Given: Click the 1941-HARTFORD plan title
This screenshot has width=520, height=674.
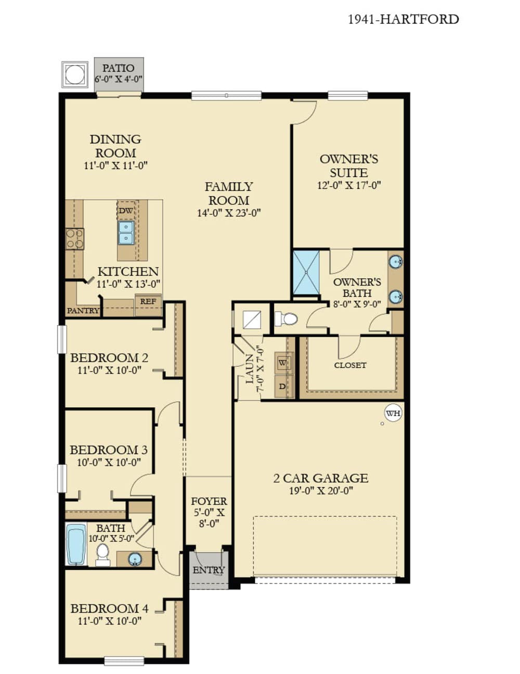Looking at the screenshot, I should click(403, 19).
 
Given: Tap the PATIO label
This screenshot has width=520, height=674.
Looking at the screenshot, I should click(118, 68).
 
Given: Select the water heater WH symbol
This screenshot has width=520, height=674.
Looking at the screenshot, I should click(393, 413).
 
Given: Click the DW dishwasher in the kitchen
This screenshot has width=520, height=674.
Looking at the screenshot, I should click(126, 211).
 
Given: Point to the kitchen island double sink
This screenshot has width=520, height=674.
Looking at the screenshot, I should click(126, 233).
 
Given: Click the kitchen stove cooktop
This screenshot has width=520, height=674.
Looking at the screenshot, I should click(75, 239).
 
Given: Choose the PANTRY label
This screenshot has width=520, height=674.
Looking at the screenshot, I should click(83, 311).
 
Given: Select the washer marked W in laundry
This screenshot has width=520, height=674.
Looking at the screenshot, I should click(283, 362).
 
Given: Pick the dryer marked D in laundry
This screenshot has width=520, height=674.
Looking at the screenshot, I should click(283, 386).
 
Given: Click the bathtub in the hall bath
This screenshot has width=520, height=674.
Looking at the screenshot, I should click(76, 544).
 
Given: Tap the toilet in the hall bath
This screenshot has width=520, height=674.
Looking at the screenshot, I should click(103, 555).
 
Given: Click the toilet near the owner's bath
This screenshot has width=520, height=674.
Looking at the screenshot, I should click(286, 318).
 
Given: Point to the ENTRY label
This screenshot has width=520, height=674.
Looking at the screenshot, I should click(209, 570).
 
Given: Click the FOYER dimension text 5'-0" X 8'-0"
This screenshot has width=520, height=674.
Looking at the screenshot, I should click(209, 518).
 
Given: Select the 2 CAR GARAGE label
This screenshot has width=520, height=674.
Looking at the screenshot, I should click(321, 478).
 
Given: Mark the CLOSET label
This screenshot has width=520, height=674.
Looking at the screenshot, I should click(350, 365).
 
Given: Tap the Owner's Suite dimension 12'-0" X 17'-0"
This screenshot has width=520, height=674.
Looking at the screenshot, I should click(349, 185).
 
